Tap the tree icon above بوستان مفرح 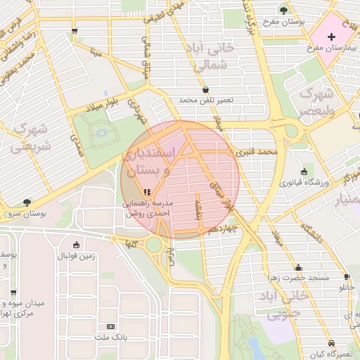point(284,10)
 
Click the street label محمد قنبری point(257,151)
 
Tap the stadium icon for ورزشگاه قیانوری point(304,172)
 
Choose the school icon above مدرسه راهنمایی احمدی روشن point(146,192)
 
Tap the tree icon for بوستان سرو point(27,202)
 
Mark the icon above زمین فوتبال point(76,245)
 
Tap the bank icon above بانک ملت point(110,327)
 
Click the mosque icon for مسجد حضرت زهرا point(298,268)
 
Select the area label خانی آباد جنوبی point(285,304)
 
